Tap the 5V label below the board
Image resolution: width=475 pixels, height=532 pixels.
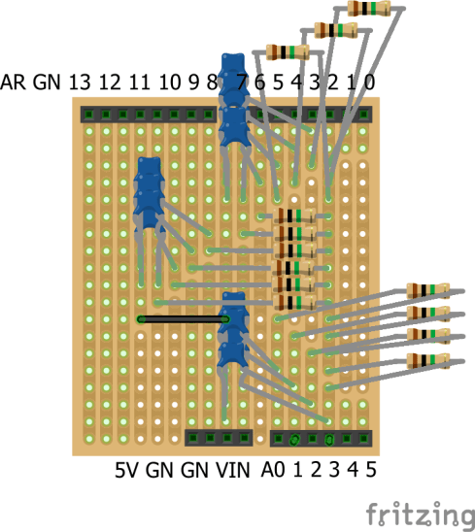pyautogui.click(x=127, y=471)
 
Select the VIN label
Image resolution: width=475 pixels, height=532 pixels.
pyautogui.click(x=231, y=471)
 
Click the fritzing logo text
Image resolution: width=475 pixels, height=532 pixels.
pyautogui.click(x=413, y=512)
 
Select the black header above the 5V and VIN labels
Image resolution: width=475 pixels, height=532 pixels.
pyautogui.click(x=219, y=439)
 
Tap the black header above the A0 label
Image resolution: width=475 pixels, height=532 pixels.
pyautogui.click(x=321, y=439)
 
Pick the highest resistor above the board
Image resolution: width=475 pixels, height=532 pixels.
pyautogui.click(x=370, y=9)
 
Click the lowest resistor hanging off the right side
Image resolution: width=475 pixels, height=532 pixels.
pyautogui.click(x=427, y=361)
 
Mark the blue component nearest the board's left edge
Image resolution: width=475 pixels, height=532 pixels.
pyautogui.click(x=149, y=191)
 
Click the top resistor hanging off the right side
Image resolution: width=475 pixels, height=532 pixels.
pyautogui.click(x=427, y=290)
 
